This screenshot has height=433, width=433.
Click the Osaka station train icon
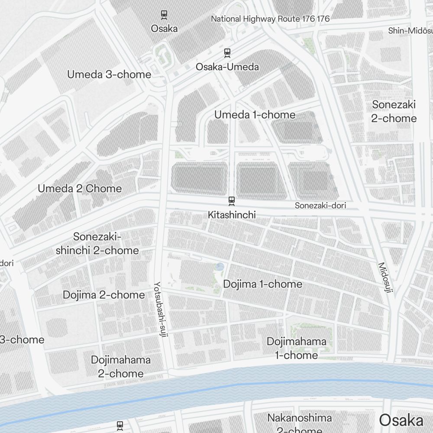click(165, 15)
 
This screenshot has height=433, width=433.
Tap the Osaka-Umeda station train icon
click(227, 53)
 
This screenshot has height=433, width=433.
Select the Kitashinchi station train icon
click(232, 200)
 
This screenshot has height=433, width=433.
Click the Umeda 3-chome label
click(109, 74)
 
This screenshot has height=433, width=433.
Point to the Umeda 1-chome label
click(255, 115)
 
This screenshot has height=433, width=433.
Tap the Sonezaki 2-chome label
click(394, 111)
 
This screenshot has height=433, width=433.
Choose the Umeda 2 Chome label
click(80, 189)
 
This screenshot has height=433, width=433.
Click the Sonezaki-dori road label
click(320, 206)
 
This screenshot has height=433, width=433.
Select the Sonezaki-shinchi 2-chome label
click(97, 243)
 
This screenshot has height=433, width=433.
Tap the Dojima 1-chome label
click(262, 284)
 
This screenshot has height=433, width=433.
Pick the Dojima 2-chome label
click(104, 295)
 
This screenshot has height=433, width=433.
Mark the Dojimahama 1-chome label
click(297, 348)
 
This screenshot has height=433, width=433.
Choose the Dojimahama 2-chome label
click(121, 366)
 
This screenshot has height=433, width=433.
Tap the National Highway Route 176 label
click(270, 19)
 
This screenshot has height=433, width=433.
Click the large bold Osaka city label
click(401, 420)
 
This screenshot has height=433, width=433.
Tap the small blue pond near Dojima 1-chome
click(220, 267)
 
